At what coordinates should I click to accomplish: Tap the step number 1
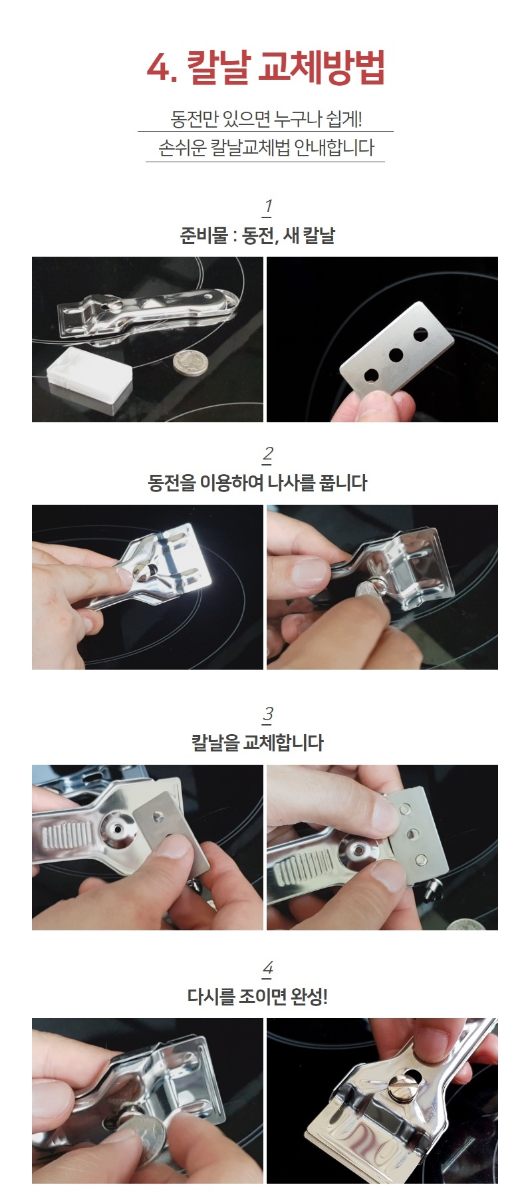(x=267, y=207)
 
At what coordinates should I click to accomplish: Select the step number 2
(x=267, y=455)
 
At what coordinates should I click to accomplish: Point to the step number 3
(x=267, y=715)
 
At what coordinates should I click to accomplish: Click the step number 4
(x=267, y=969)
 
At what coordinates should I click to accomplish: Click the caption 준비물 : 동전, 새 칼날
(x=257, y=235)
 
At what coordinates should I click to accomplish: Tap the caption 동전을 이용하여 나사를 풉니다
(x=257, y=483)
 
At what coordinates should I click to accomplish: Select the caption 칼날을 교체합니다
(x=257, y=743)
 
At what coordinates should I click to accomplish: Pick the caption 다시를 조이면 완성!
(x=257, y=997)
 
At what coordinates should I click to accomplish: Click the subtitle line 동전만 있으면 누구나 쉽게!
(x=266, y=119)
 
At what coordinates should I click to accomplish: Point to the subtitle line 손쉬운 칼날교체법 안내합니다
(x=266, y=148)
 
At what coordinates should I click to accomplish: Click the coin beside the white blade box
(x=190, y=363)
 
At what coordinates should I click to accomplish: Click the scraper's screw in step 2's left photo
(x=142, y=570)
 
